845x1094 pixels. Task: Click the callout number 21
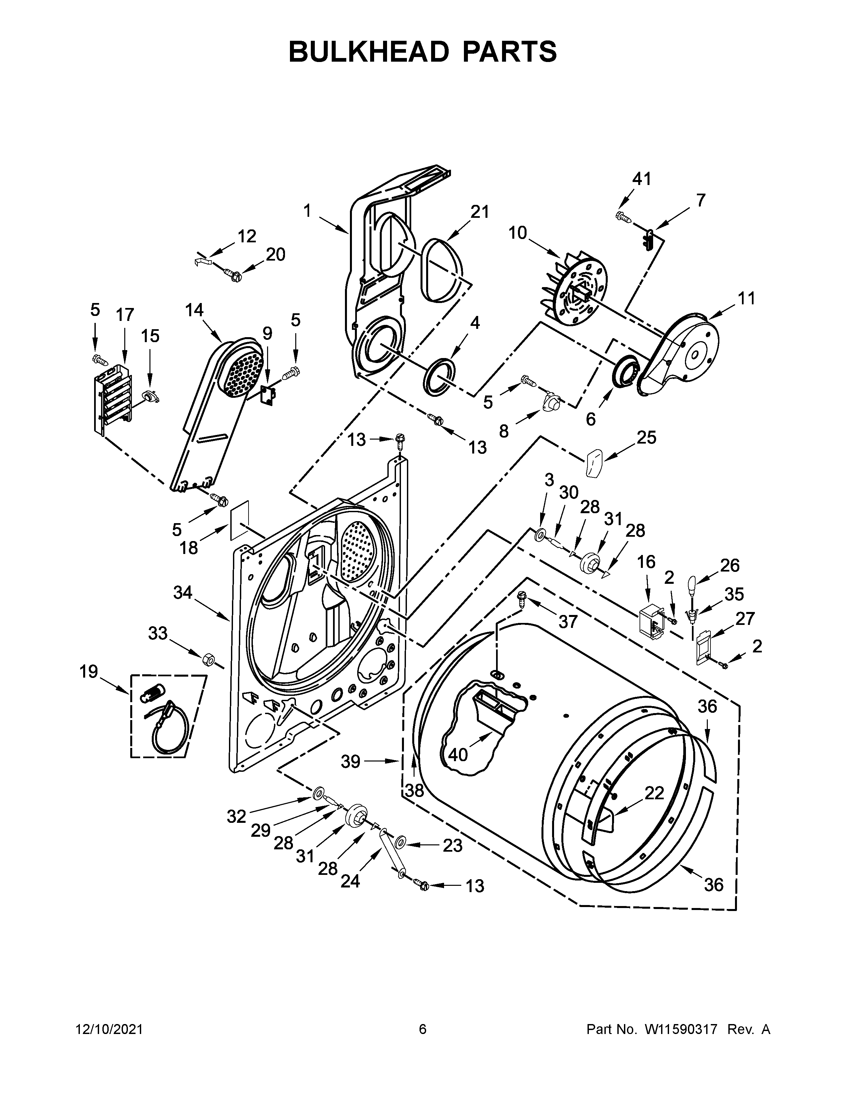click(479, 212)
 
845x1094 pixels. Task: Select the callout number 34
click(183, 593)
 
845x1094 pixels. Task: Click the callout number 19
click(88, 672)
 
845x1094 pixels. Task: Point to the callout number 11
click(746, 299)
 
